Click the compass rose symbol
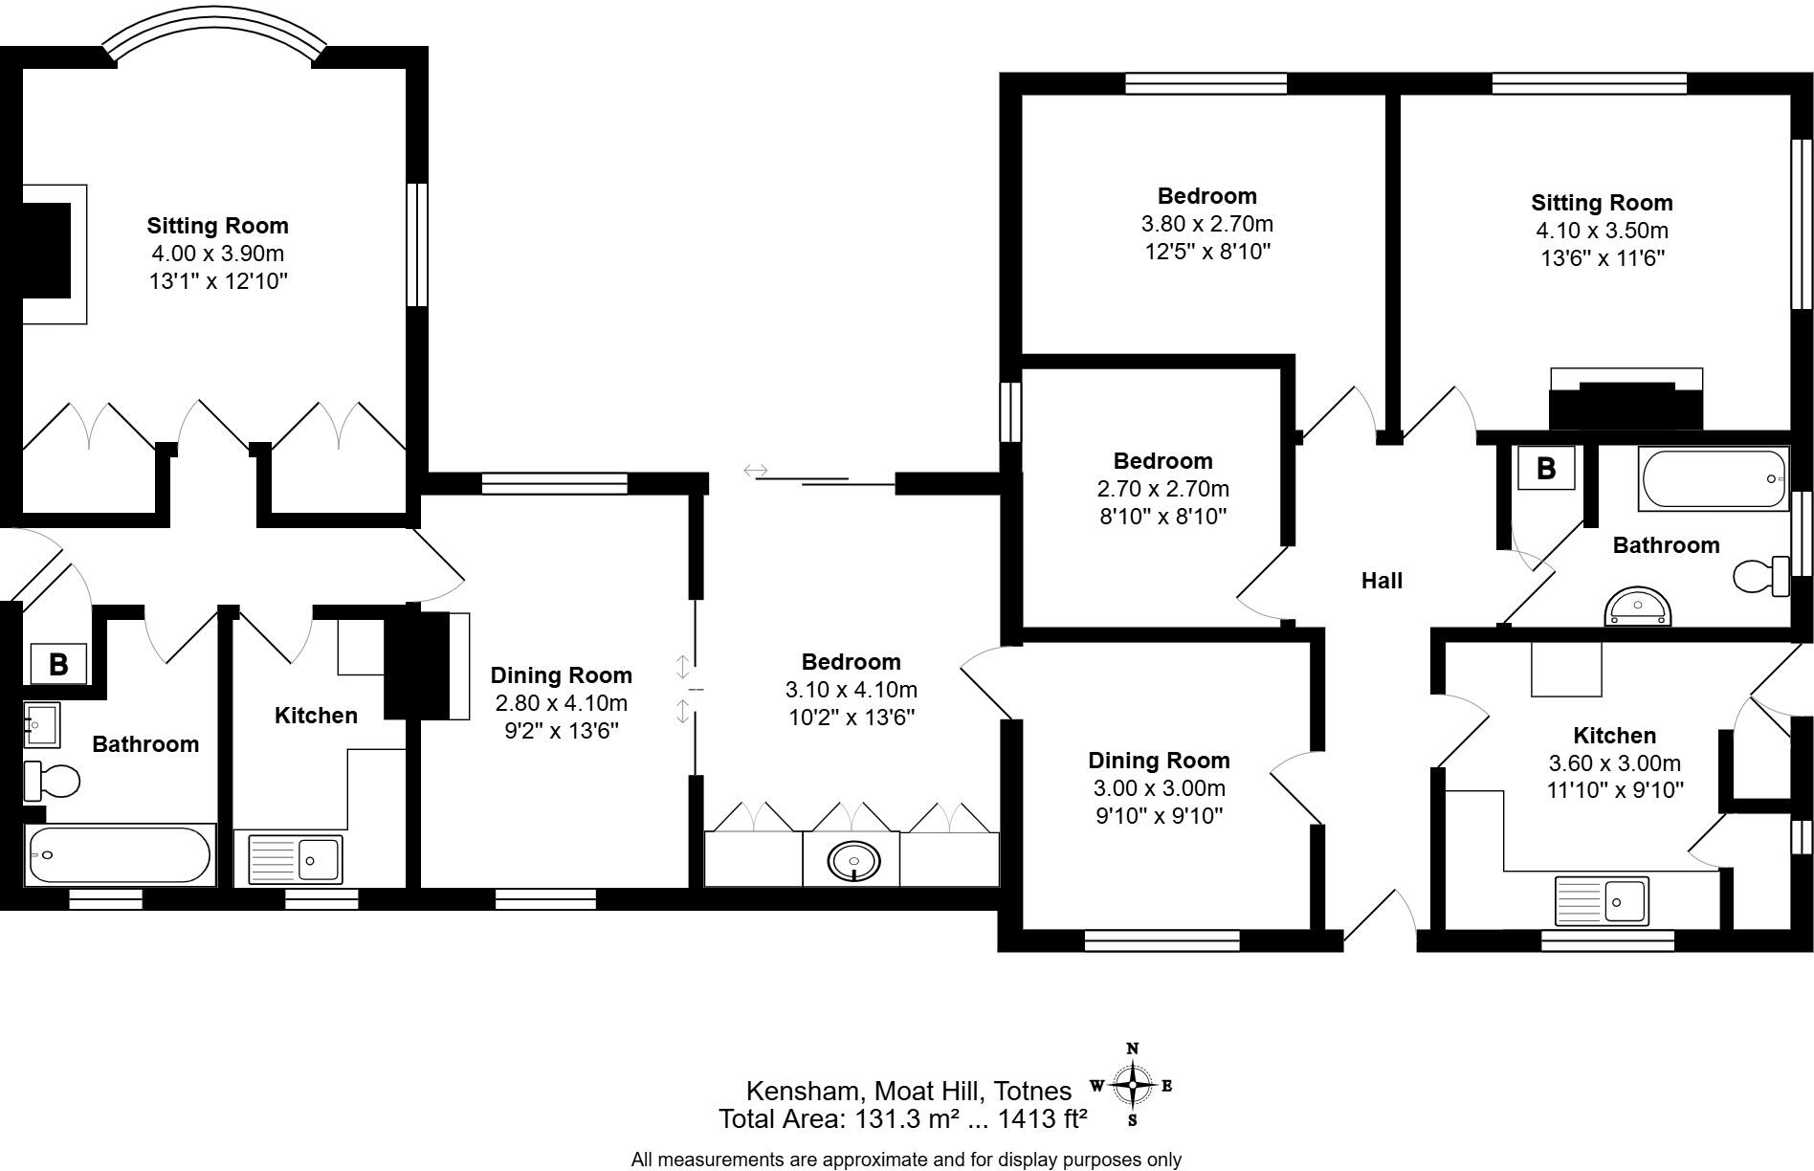click(1133, 1085)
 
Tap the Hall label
click(1382, 581)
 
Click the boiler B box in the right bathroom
click(1545, 469)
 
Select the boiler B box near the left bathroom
click(58, 664)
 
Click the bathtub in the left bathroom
click(120, 854)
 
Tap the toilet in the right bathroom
click(1761, 577)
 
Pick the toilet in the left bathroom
click(52, 781)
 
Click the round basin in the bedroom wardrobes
click(851, 862)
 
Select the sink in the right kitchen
click(1602, 900)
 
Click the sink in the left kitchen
click(295, 859)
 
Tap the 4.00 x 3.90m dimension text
click(217, 254)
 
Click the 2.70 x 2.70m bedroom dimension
click(1162, 489)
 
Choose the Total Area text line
click(902, 1118)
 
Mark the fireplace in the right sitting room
click(1626, 402)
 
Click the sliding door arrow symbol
click(755, 471)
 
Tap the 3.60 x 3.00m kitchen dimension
click(1614, 763)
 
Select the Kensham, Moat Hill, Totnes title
click(908, 1091)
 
